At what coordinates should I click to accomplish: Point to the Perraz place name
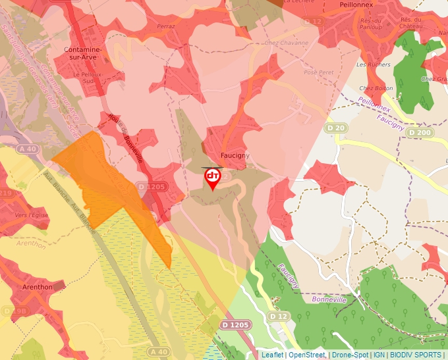point(165,26)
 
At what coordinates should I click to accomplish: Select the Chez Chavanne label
point(286,43)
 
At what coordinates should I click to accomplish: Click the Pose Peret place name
point(319,72)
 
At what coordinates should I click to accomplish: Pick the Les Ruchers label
point(373,64)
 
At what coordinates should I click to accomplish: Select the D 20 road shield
point(335,128)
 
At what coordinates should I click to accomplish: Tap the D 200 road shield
point(418,132)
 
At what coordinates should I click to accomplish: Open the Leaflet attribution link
point(272,355)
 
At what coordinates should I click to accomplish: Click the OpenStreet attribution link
point(306,355)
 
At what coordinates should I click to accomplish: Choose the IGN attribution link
point(379,355)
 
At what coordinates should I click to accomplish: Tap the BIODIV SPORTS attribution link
point(416,355)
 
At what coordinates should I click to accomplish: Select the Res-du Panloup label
point(374,23)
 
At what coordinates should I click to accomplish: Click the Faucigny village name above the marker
point(235,155)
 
